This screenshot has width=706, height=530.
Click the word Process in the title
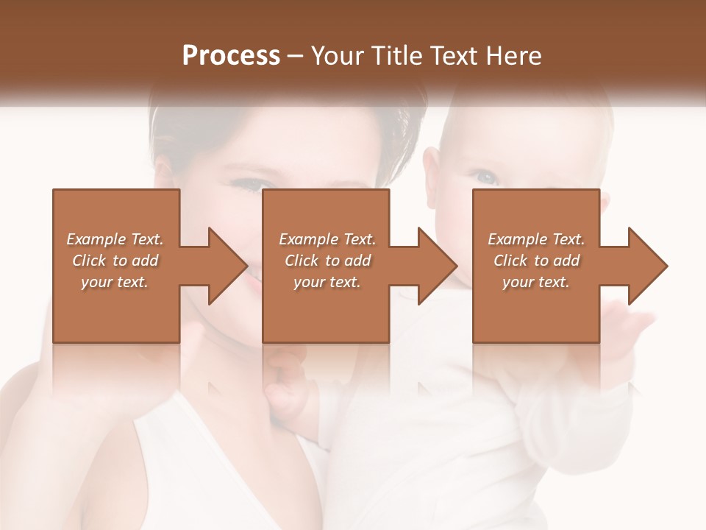231,56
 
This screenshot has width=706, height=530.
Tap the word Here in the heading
514,56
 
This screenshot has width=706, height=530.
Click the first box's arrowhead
225,266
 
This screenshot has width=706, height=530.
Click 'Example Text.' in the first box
115,239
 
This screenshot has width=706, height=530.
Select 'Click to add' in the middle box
327,261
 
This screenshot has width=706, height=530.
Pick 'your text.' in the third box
535,282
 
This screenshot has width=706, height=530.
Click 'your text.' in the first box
115,282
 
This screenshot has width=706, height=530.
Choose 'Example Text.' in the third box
535,239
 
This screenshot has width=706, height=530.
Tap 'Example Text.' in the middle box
327,239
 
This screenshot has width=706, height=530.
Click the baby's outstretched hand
632,324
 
